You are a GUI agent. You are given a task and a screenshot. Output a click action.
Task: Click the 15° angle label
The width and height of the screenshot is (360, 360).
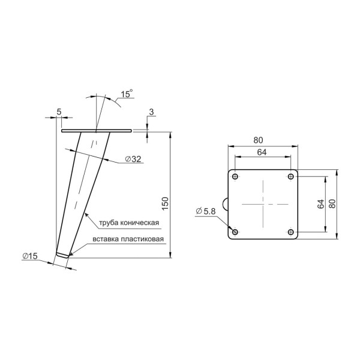[x=127, y=94]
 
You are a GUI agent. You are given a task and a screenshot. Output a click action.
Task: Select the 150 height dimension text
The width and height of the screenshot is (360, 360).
[x=166, y=203]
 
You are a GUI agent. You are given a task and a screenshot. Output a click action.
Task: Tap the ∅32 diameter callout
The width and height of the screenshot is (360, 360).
[x=133, y=159]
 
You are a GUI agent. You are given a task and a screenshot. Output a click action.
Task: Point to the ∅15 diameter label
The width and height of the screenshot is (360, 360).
[x=30, y=256]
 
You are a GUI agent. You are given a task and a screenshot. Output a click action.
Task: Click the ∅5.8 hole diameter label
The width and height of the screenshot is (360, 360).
[x=206, y=211]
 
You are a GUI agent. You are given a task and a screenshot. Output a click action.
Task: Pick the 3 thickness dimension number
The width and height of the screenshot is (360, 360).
[x=151, y=112]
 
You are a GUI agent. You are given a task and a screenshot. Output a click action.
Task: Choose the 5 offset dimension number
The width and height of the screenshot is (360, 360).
[x=59, y=112]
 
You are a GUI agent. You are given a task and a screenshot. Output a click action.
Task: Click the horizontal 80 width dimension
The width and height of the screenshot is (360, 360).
[x=258, y=140]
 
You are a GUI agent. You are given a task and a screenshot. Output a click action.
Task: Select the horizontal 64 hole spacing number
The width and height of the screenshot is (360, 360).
[x=262, y=152]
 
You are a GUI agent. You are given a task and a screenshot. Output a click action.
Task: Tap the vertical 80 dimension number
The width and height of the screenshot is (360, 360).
[x=332, y=203]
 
